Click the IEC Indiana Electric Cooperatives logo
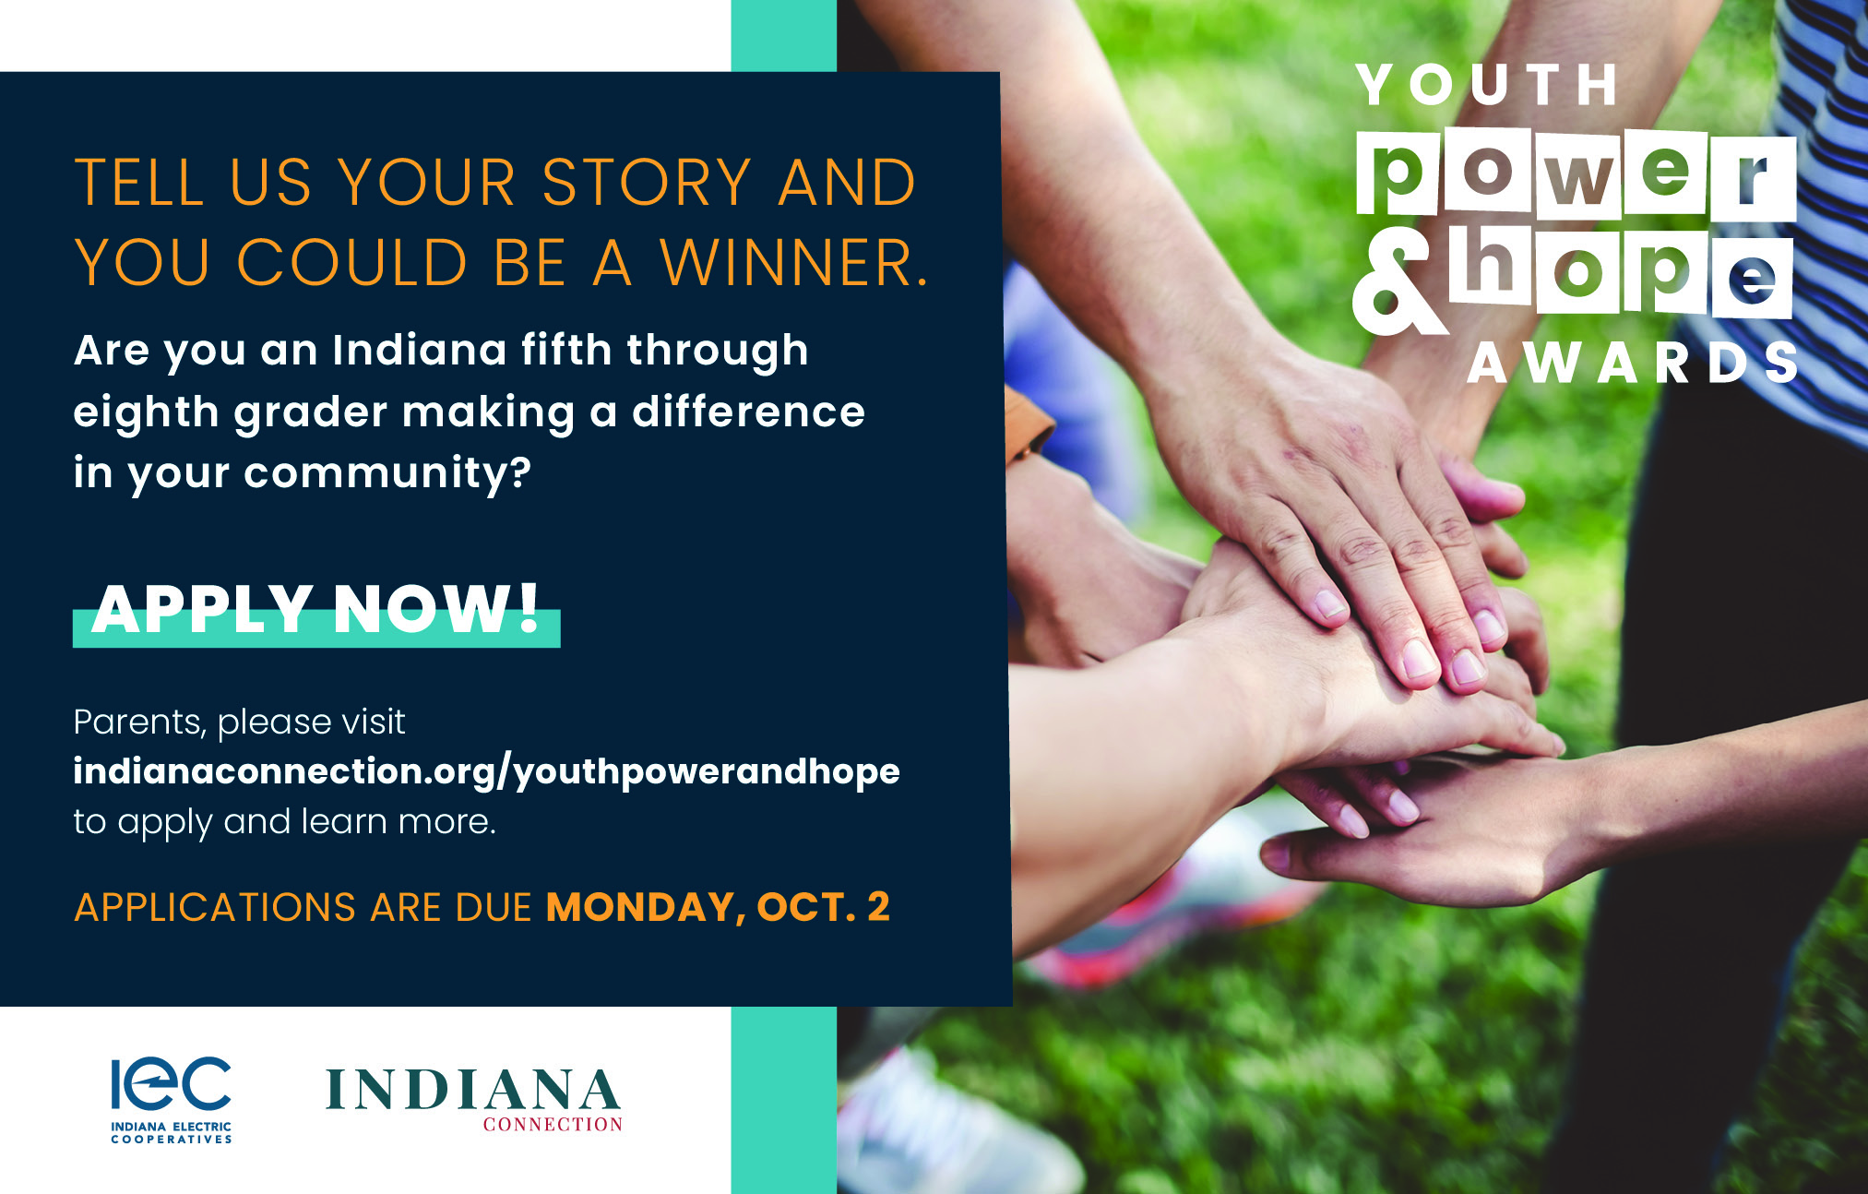tap(171, 1100)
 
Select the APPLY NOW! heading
tap(316, 611)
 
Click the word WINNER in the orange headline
tap(794, 263)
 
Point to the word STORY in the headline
tap(646, 182)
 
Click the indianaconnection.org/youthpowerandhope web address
tap(486, 772)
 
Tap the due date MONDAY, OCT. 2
tap(718, 907)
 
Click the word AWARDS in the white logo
tap(1632, 363)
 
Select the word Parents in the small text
tap(139, 722)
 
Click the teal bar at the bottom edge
tap(784, 1100)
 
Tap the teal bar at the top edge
tap(784, 35)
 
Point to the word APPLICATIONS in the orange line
tap(215, 908)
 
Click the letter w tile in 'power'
tap(1579, 176)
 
